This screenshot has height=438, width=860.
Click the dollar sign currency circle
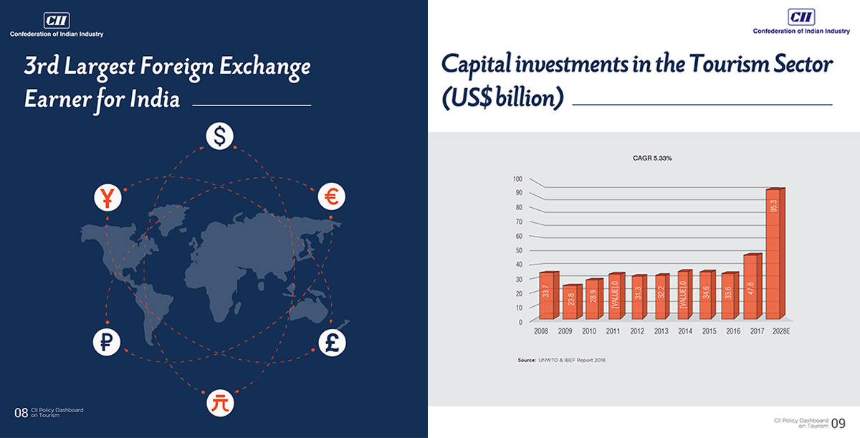219,136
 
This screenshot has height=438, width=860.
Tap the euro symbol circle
331,196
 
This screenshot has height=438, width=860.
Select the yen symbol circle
108,198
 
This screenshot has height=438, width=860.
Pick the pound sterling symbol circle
332,343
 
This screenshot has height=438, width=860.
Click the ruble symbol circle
106,342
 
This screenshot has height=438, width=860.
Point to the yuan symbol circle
220,403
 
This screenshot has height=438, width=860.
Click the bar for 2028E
775,254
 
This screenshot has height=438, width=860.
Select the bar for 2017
752,286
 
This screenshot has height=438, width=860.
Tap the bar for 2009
573,302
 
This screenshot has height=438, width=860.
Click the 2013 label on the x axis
661,331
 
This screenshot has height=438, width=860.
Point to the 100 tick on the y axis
517,179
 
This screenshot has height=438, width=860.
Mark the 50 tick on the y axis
519,250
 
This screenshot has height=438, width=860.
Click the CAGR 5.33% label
652,158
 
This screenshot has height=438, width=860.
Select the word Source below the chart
526,360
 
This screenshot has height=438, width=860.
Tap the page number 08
21,413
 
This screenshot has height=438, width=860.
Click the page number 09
838,423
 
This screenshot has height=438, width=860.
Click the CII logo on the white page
801,17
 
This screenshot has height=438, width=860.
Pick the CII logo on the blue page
57,20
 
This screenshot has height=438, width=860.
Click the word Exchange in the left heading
265,67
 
